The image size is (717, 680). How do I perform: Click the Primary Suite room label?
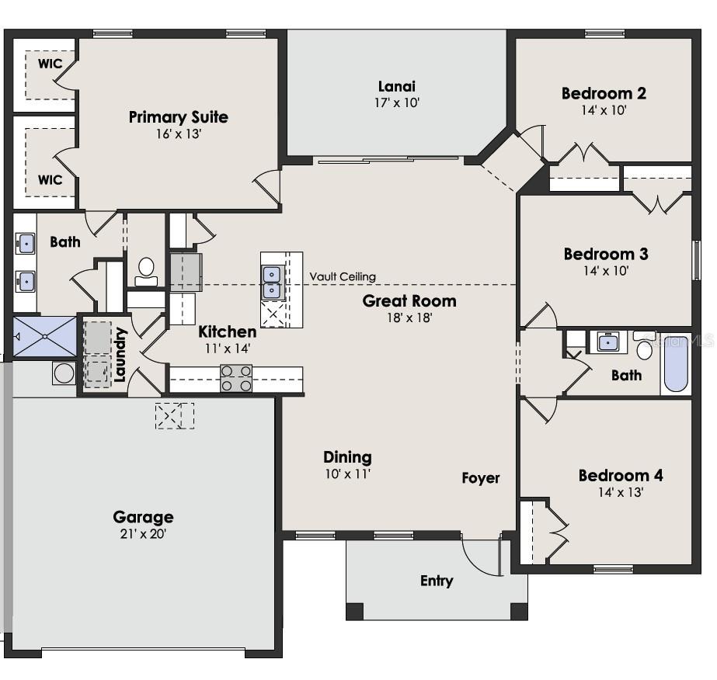[x=178, y=117]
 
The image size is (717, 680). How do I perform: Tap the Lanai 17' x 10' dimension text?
[x=396, y=102]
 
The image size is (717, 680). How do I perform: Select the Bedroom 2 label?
[x=604, y=93]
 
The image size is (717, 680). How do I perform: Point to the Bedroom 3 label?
[x=605, y=254]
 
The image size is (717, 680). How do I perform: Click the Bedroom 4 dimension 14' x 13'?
[x=621, y=492]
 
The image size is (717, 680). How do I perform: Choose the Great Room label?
[x=409, y=300]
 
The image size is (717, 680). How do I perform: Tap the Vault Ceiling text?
[x=343, y=276]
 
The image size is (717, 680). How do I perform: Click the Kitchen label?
[x=227, y=331]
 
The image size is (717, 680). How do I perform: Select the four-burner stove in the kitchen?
[x=236, y=377]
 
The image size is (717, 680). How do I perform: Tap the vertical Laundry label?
[x=120, y=356]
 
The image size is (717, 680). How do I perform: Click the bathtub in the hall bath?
[x=675, y=363]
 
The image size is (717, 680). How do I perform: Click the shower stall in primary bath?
[x=44, y=335]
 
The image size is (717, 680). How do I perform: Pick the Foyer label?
[x=481, y=478]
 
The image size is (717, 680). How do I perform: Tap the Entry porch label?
[x=437, y=581]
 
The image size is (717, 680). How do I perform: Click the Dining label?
[x=347, y=456]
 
